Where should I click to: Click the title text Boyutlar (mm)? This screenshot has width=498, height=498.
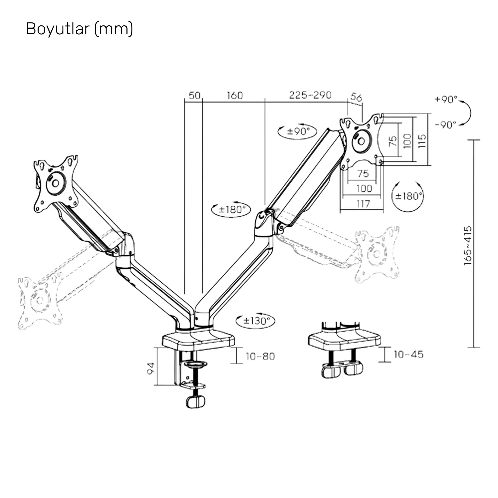(x=79, y=29)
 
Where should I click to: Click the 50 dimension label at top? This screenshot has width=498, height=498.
(x=194, y=95)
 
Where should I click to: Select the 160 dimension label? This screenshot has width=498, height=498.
(x=235, y=95)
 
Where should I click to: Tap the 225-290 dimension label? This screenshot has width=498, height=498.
(x=310, y=95)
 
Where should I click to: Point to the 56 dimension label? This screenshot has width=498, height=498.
(x=356, y=97)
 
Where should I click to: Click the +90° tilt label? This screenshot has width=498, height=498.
(x=446, y=99)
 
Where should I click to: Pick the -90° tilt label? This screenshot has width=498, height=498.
(x=446, y=125)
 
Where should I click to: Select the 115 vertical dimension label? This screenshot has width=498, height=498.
(x=422, y=141)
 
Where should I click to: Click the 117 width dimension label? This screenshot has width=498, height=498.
(x=363, y=204)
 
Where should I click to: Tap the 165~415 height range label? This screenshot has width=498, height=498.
(x=468, y=246)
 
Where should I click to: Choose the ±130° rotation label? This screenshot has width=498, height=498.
(x=256, y=321)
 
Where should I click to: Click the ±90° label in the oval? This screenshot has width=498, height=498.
(x=298, y=131)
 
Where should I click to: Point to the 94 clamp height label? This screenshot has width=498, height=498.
(x=151, y=368)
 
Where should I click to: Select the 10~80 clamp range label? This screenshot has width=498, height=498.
(x=260, y=357)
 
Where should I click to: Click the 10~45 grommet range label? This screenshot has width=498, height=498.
(x=409, y=354)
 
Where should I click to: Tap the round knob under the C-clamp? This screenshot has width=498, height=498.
(x=195, y=402)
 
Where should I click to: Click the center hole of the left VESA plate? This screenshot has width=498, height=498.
(x=56, y=183)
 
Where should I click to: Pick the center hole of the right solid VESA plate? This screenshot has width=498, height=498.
(x=361, y=141)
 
